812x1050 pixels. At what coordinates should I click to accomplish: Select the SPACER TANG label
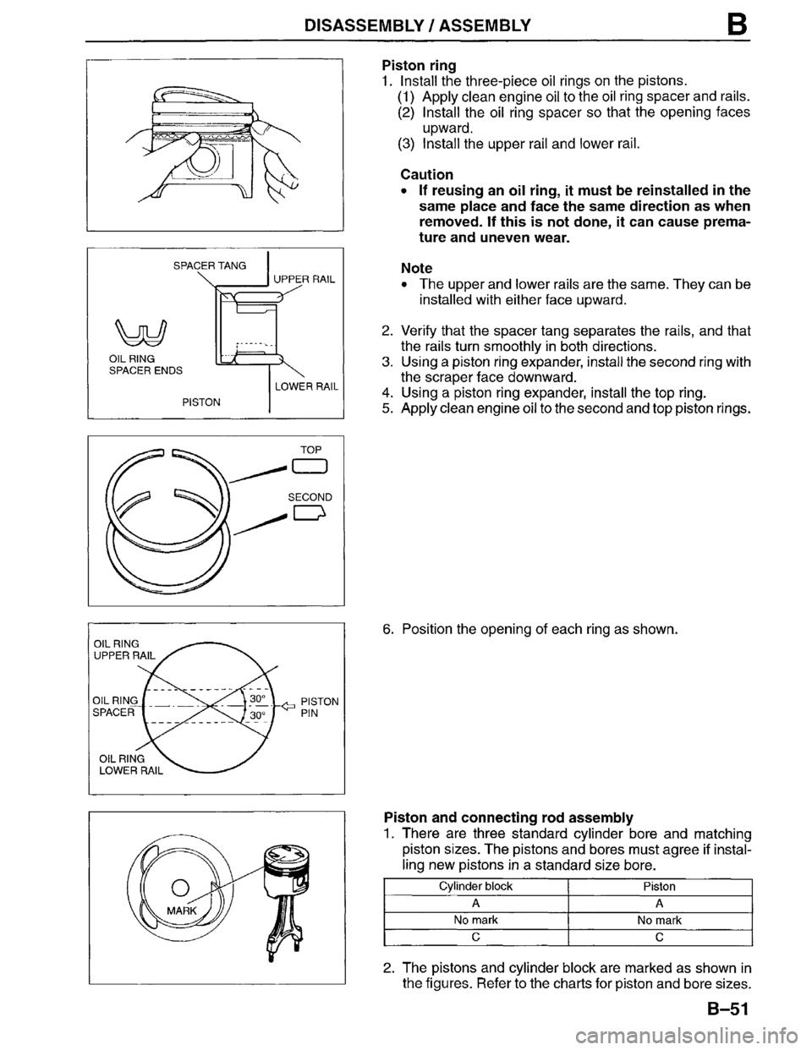click(210, 265)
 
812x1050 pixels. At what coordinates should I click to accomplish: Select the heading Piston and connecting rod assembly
click(507, 818)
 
